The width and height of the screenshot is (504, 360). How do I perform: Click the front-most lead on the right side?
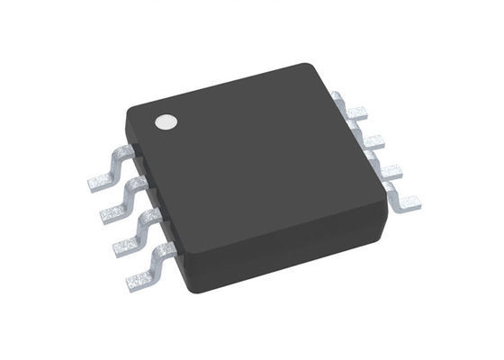coord(400,195)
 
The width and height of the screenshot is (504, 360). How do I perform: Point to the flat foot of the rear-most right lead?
coord(357,112)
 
